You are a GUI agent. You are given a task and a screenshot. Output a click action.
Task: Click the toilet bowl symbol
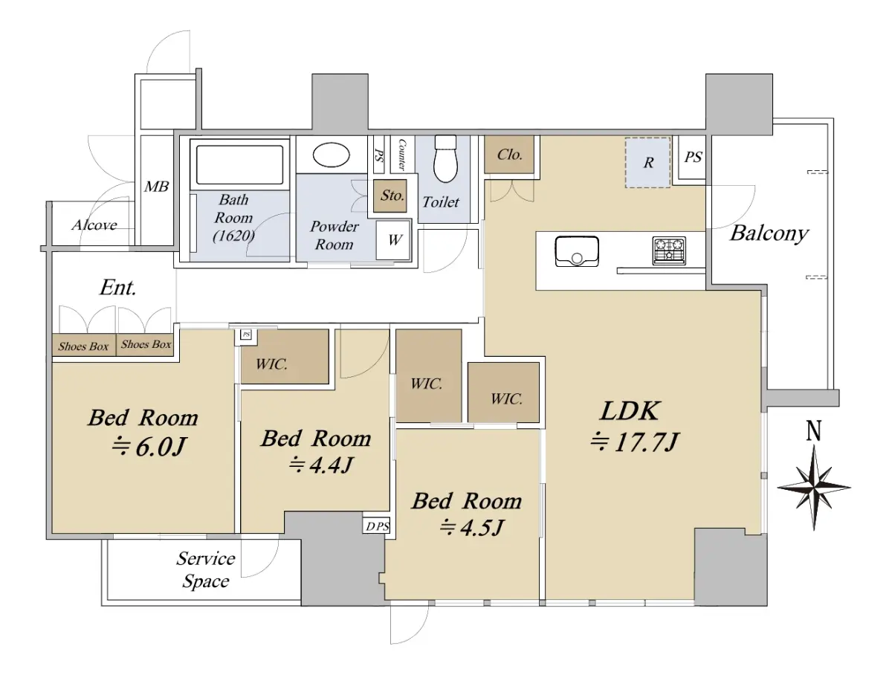tap(446, 158)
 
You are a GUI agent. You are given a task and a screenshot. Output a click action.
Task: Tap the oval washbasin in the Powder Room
tap(332, 155)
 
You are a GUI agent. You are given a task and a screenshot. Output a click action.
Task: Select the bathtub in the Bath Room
tap(239, 165)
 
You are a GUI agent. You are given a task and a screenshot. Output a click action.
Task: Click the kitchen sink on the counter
tap(576, 251)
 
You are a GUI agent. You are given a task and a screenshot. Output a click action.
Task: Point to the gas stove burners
tap(669, 251)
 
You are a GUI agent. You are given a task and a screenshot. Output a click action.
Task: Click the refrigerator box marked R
tap(647, 163)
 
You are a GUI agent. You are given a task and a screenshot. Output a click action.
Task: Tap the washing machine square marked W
tap(393, 240)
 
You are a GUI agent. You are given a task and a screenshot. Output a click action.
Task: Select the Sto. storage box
tap(390, 196)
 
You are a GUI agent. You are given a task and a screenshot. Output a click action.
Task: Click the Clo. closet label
tap(510, 155)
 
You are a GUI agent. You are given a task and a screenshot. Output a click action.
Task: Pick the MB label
tap(156, 187)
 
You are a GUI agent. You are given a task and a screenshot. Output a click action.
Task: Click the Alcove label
tap(94, 225)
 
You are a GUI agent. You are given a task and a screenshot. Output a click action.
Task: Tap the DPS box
tap(376, 526)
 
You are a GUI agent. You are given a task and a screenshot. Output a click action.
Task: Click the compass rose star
tap(814, 487)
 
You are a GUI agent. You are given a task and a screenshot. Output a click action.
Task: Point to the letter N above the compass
tap(813, 431)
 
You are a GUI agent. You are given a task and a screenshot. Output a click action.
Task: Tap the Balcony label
tap(769, 233)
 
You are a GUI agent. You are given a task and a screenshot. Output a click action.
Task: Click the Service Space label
tap(206, 569)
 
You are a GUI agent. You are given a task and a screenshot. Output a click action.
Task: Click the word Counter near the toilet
tap(402, 155)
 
